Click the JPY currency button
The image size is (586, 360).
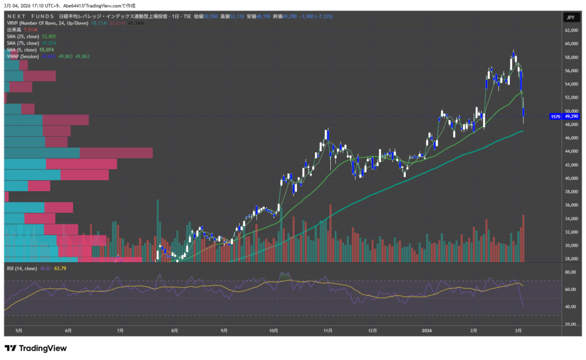(x=570, y=18)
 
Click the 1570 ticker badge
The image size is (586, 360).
(x=555, y=116)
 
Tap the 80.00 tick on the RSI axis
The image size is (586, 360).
(x=571, y=272)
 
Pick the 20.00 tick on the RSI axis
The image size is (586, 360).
(x=571, y=324)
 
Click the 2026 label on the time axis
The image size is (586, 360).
(x=426, y=330)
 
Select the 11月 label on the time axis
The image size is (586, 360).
(x=328, y=330)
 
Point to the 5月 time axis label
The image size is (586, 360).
(x=19, y=330)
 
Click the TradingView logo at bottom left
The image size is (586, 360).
(x=35, y=348)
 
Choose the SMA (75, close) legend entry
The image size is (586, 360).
(x=23, y=43)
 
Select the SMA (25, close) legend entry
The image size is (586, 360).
(x=23, y=36)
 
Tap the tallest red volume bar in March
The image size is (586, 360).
(x=523, y=238)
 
